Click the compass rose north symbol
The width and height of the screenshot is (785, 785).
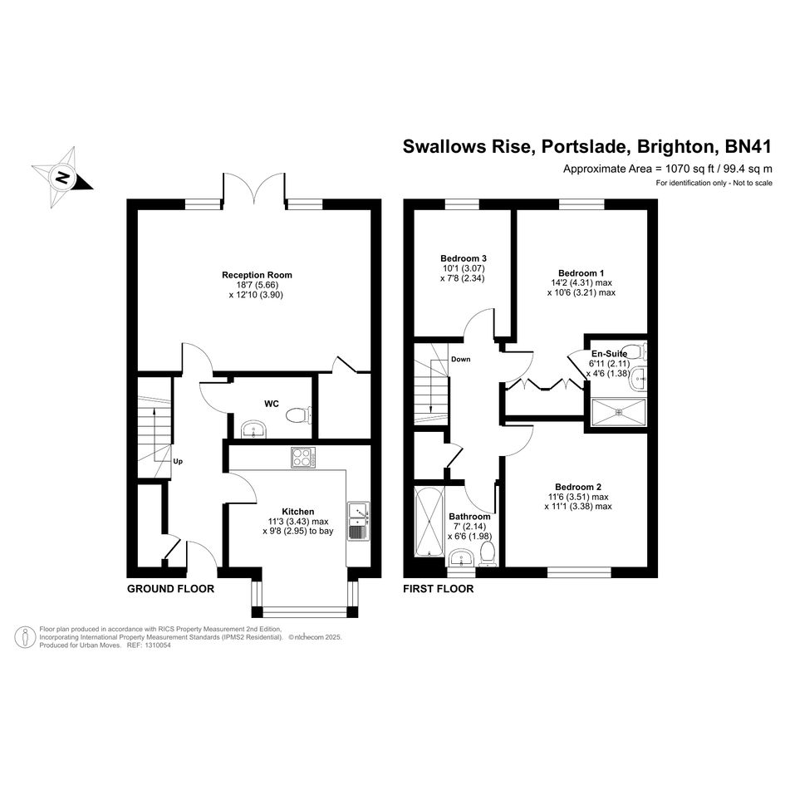click(62, 177)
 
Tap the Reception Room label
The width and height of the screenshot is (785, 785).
click(257, 275)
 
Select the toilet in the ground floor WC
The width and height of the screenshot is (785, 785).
click(298, 415)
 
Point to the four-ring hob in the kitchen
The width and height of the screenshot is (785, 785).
click(303, 457)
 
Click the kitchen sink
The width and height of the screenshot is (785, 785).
click(359, 521)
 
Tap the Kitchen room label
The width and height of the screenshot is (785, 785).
click(298, 512)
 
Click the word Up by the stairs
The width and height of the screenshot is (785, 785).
click(178, 462)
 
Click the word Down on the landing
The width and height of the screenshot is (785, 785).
click(460, 359)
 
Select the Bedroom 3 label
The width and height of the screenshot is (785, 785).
click(463, 258)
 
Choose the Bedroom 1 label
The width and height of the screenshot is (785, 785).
click(581, 272)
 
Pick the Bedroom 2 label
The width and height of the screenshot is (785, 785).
click(577, 487)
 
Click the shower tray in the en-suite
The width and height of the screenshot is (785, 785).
click(619, 413)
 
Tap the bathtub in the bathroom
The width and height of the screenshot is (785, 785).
click(429, 522)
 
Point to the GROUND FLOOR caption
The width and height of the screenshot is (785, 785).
click(171, 589)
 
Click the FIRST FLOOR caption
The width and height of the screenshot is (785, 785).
click(438, 589)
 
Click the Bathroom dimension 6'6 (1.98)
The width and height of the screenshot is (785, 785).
click(472, 537)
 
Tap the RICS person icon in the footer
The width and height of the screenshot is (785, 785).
click(25, 637)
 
